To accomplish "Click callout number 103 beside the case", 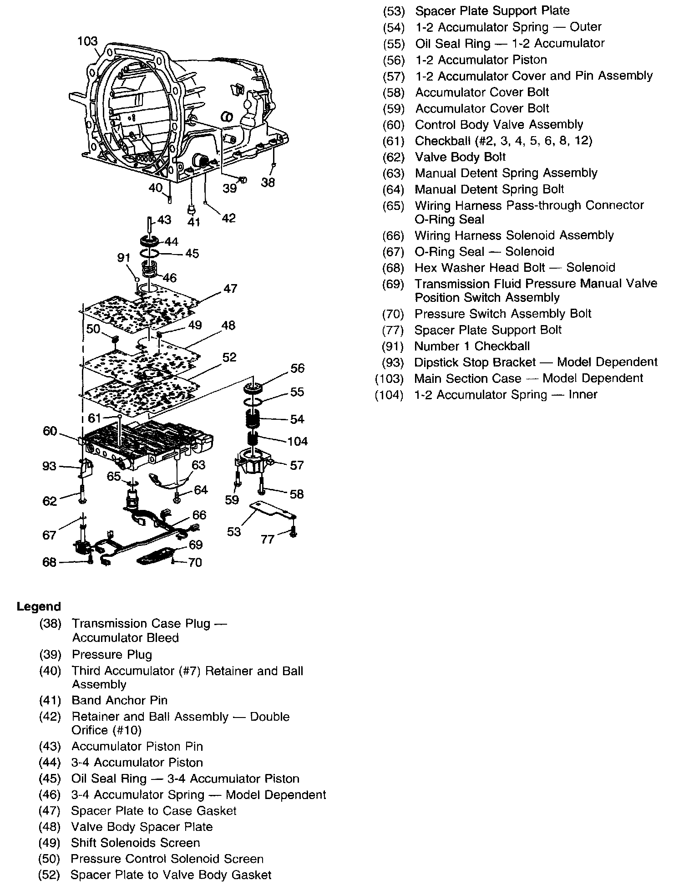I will pos(87,41).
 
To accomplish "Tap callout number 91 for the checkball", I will pos(124,258).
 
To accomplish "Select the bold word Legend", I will pos(39,607).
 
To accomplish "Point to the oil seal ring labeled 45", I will pos(149,253).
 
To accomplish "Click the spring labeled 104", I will pos(253,440).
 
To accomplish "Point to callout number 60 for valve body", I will pos(50,431).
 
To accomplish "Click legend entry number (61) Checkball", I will pos(394,141).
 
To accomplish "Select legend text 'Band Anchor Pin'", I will pos(120,701).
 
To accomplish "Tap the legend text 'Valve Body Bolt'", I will pos(460,157).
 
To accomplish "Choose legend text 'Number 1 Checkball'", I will pos(472,346).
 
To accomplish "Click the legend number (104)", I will pos(389,395).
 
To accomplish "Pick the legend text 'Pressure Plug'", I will pos(112,655).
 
